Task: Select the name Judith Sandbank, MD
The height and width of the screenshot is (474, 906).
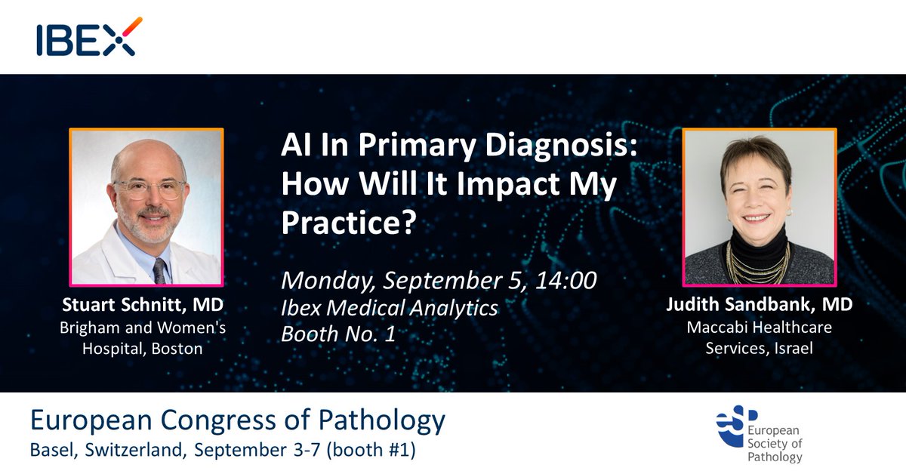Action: coord(760,305)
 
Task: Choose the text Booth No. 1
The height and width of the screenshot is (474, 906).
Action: coord(338,334)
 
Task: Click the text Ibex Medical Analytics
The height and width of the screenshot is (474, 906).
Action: coord(390,307)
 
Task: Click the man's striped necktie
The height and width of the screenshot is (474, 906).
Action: coord(159,268)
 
